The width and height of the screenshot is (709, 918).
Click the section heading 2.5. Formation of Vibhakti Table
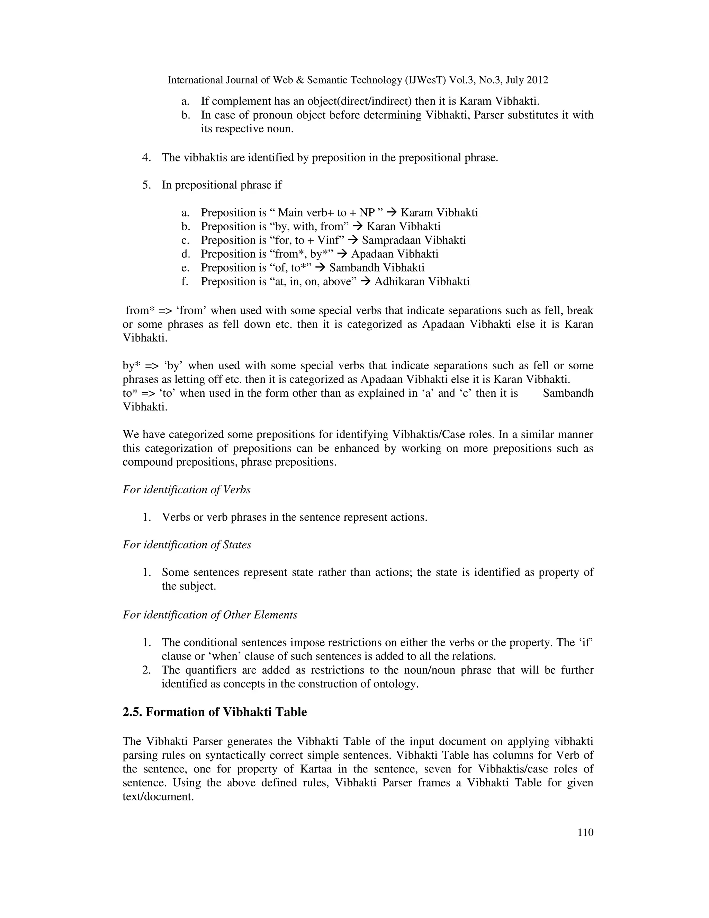tap(215, 712)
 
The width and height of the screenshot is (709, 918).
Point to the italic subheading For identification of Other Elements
tap(209, 615)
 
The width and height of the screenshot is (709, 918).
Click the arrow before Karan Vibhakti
tap(357, 226)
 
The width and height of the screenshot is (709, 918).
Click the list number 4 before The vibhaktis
tap(146, 158)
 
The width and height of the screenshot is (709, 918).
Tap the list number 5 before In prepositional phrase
tap(146, 185)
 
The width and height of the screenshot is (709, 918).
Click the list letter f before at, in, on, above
tap(185, 281)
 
